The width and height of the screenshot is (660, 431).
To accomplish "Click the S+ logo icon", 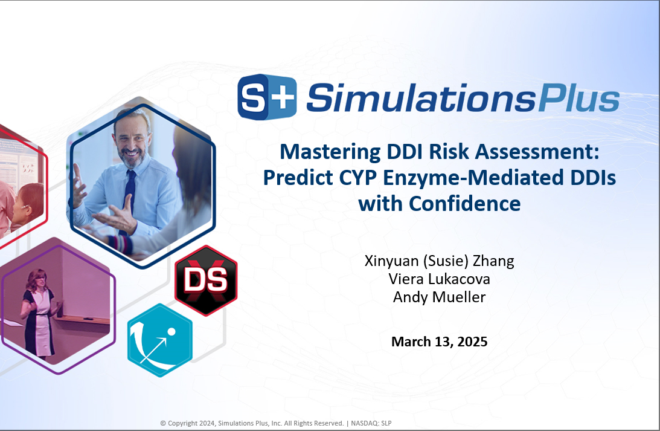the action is (267, 97).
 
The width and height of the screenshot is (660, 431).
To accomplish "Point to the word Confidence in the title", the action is (465, 204).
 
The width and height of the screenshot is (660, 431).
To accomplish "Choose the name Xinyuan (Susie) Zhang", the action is (440, 261).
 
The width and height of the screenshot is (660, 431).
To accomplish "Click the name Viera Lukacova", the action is (439, 279).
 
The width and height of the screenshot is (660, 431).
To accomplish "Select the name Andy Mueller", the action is (440, 297).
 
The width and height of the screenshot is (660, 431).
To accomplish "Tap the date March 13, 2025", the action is (440, 342).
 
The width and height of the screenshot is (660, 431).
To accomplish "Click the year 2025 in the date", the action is (472, 342).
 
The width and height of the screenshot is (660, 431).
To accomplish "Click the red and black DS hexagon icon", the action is (207, 280).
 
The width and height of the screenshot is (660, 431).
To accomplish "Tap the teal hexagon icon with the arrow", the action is (160, 340).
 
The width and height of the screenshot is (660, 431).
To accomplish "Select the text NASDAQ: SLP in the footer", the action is (371, 423).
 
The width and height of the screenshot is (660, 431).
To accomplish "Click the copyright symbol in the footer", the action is (163, 423).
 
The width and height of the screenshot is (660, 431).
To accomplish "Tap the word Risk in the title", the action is (449, 152).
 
